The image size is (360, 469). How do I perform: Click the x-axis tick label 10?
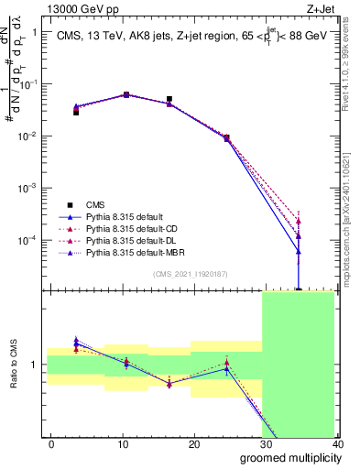point(123,443)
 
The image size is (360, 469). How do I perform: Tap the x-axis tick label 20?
point(194,443)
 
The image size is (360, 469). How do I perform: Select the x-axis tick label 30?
point(266,443)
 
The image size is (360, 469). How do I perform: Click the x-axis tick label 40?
point(336,443)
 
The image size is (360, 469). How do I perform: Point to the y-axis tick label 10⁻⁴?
point(29,240)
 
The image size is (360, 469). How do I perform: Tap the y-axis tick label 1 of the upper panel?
point(35,32)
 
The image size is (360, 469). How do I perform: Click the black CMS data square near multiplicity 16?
point(169,99)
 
